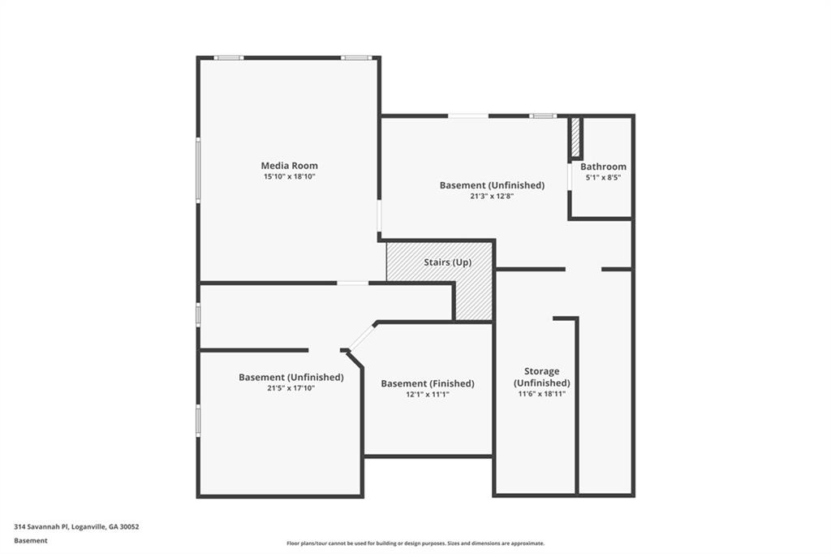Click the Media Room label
(289, 166)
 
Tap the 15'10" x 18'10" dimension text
(289, 176)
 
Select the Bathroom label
(603, 167)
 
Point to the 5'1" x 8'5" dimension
(603, 177)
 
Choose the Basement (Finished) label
(428, 383)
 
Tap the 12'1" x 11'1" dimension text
(428, 394)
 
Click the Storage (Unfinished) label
(541, 377)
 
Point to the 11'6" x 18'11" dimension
(541, 393)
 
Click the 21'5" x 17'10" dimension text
(291, 387)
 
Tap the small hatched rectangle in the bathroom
(575, 138)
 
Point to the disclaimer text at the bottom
(415, 543)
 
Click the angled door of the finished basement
(362, 336)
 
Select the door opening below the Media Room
(352, 283)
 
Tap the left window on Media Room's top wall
(229, 58)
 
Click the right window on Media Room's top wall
(355, 58)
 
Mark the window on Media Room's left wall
(198, 170)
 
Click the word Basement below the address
(31, 540)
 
